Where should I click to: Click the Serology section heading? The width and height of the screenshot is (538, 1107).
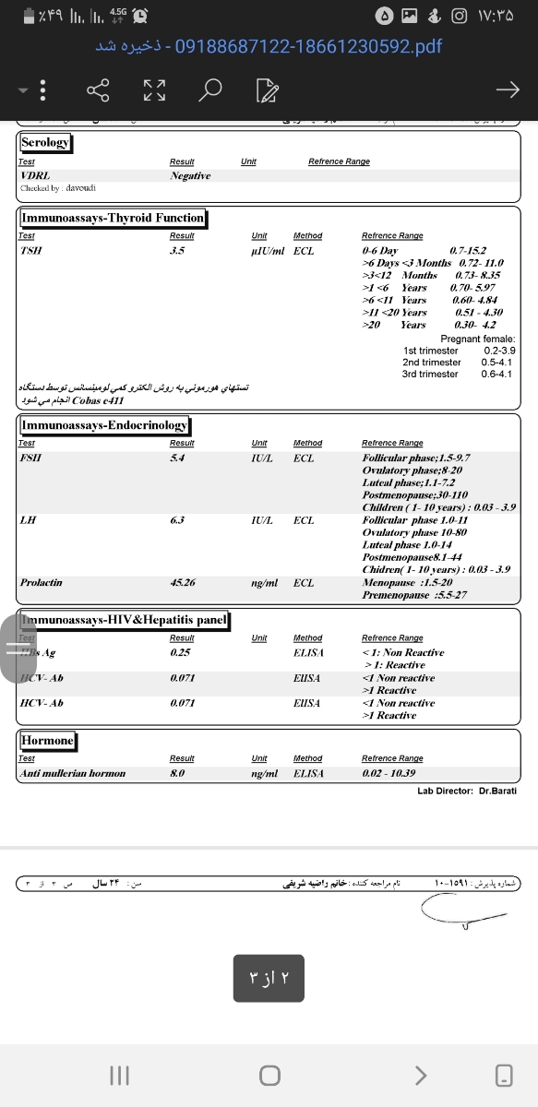45,143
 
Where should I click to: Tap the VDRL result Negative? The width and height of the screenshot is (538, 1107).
190,175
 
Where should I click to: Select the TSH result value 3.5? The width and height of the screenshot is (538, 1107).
178,250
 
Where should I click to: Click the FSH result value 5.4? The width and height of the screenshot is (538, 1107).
178,458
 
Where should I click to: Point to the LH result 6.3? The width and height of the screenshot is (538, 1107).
178,520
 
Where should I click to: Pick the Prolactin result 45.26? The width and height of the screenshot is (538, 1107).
183,583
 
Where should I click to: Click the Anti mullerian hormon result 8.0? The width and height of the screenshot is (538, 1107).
178,773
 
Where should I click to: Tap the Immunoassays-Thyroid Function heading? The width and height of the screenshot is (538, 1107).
113,218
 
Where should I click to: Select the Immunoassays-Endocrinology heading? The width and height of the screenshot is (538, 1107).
104,425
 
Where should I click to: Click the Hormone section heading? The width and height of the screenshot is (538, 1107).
47,741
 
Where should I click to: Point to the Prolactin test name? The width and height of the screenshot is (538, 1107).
42,583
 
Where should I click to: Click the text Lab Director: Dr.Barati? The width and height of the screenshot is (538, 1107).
467,791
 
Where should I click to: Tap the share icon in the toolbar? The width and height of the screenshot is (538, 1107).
98,89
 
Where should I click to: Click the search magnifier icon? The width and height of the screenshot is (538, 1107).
211,89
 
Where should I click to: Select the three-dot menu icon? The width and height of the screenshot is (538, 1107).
43,89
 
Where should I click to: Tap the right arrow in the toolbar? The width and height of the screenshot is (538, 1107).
507,89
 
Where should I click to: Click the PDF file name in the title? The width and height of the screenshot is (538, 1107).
308,45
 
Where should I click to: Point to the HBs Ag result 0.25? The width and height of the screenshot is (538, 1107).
179,652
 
